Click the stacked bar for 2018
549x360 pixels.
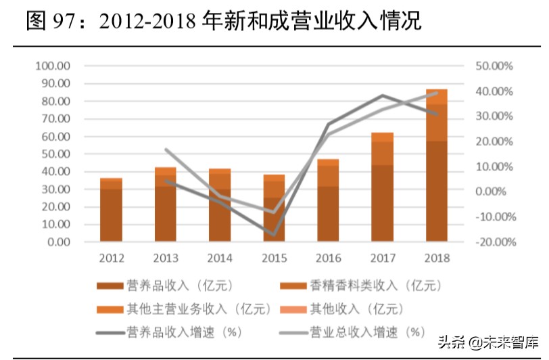point(436,166)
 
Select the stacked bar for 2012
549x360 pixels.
point(111,210)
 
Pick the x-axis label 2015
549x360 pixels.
point(274,258)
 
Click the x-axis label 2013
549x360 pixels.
point(165,258)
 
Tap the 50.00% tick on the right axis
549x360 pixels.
point(492,66)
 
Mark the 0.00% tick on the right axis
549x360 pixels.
point(494,192)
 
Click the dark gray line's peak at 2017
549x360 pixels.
point(383,95)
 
